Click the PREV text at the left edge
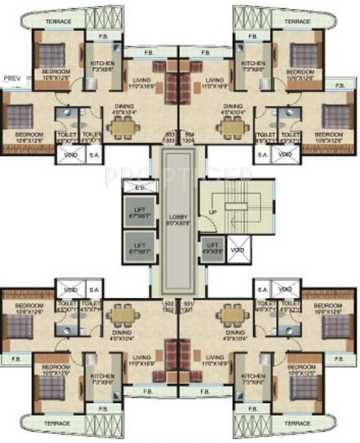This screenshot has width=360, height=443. pyautogui.click(x=12, y=79)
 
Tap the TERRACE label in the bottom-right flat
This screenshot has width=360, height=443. pyautogui.click(x=297, y=424)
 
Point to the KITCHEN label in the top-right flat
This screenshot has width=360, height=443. pyautogui.click(x=253, y=65)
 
